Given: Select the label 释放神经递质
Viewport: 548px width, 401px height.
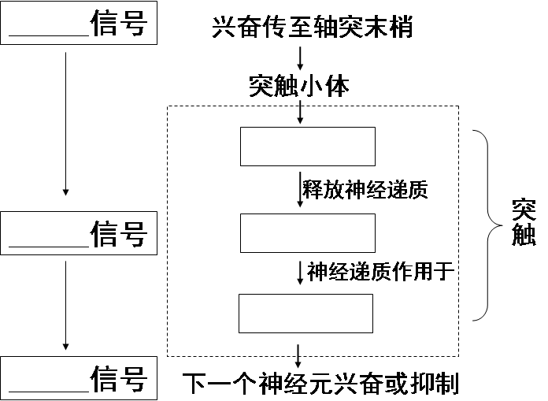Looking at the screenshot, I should point(365,190).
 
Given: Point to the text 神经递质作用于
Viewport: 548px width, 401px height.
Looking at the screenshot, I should point(381,272).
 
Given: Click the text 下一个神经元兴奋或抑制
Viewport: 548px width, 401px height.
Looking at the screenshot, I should point(320,384).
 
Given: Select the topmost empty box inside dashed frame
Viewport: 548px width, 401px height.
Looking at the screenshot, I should point(307,146).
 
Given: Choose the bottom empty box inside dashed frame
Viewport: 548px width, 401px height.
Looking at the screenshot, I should point(305,314).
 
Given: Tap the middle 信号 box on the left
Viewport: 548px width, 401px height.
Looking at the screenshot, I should point(79,233).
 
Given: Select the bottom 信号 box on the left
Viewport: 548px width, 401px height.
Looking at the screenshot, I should point(79,377).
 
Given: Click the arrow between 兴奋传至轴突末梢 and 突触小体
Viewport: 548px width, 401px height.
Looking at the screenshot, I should point(300,58).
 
